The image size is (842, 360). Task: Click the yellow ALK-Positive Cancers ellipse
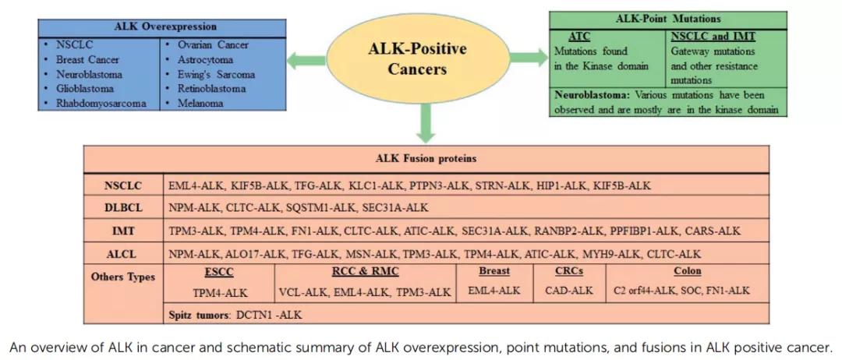tap(417, 58)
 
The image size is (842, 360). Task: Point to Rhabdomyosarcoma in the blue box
tap(101, 103)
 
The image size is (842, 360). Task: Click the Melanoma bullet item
tap(200, 103)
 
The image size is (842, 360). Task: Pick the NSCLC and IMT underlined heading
tap(713, 36)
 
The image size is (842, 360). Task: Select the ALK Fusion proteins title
tap(426, 158)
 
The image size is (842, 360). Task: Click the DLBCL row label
tap(123, 208)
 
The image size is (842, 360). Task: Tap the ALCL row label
tap(123, 253)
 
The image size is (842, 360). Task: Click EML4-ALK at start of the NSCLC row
tap(195, 185)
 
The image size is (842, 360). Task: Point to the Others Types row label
tap(123, 277)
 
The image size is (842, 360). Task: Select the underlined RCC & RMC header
tap(365, 271)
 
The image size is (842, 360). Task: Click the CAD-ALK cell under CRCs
tap(568, 291)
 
